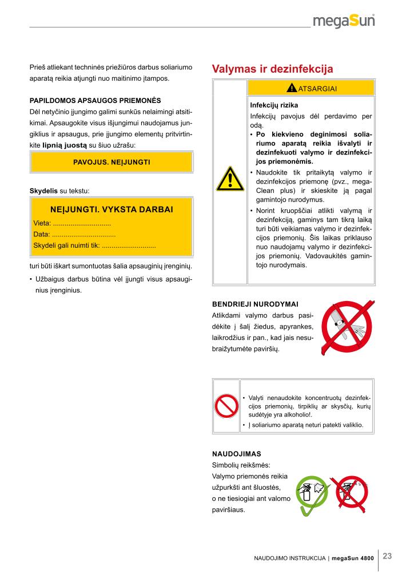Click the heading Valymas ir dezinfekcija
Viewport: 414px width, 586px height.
pyautogui.click(x=272, y=69)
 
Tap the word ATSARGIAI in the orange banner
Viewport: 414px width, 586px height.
pyautogui.click(x=317, y=88)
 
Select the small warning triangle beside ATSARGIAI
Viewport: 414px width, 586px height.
pyautogui.click(x=292, y=88)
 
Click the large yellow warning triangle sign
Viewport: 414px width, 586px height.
pyautogui.click(x=230, y=179)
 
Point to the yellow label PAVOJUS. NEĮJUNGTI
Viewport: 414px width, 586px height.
pyautogui.click(x=112, y=162)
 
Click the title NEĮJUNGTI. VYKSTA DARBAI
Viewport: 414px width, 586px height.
pyautogui.click(x=112, y=209)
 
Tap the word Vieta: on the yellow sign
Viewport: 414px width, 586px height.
pyautogui.click(x=42, y=223)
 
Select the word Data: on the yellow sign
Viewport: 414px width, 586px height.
pyautogui.click(x=42, y=234)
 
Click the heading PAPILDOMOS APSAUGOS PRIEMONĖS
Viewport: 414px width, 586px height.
pyautogui.click(x=95, y=100)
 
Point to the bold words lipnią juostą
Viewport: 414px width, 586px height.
pyautogui.click(x=65, y=145)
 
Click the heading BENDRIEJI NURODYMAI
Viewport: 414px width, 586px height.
pyautogui.click(x=255, y=303)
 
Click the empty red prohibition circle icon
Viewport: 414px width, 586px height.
pyautogui.click(x=226, y=407)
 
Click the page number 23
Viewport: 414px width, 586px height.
pyautogui.click(x=387, y=556)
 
